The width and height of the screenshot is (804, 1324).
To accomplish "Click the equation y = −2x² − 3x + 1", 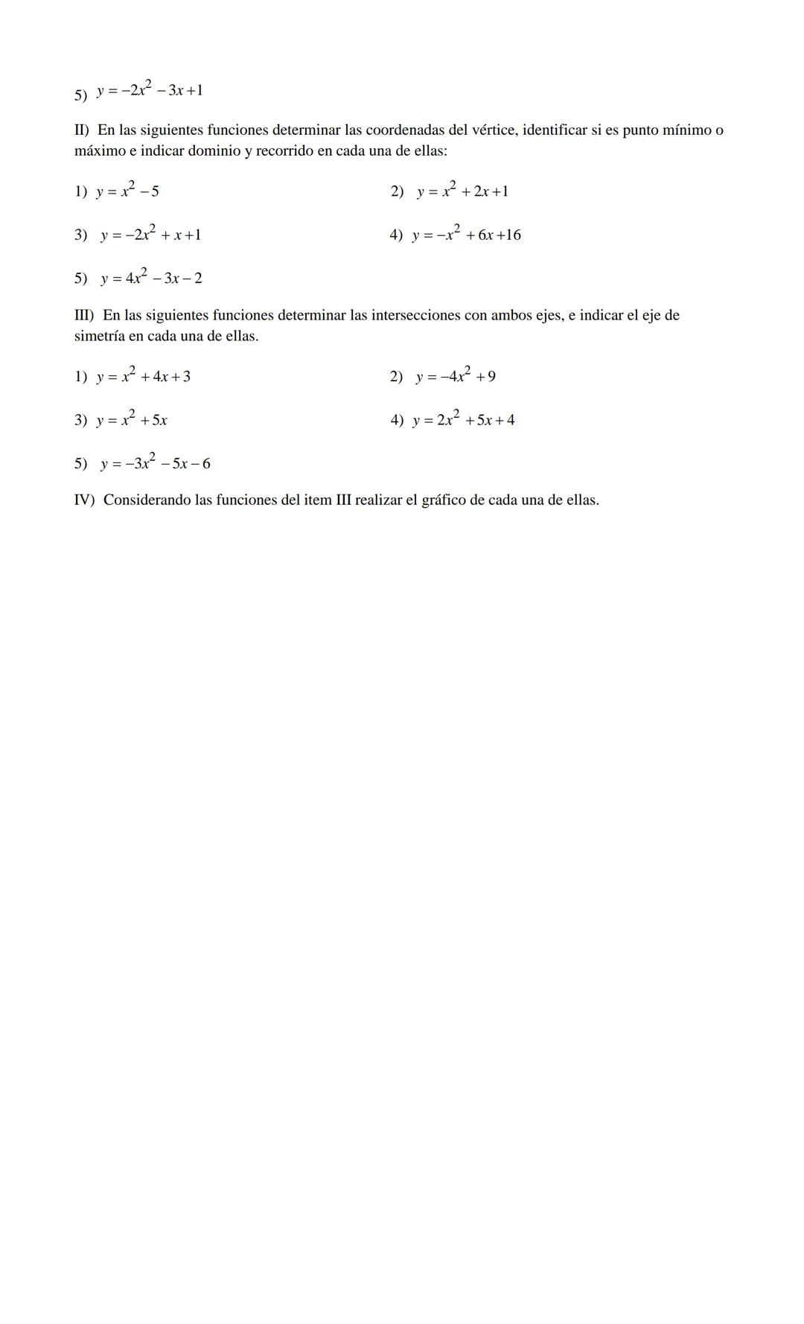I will point(150,91).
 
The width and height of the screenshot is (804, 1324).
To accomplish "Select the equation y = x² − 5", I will point(127,191).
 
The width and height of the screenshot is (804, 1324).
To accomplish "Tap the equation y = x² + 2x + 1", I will point(462,191).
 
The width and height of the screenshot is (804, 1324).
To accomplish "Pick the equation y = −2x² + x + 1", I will point(150,235).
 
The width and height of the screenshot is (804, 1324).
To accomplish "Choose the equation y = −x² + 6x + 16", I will point(467,235).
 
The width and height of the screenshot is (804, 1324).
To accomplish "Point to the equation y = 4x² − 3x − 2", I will point(151,279).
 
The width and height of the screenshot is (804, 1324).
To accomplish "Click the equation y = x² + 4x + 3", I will point(143,377).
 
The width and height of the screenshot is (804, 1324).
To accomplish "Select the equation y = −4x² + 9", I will point(456,377).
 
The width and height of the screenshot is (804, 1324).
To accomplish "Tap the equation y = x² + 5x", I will point(132,420).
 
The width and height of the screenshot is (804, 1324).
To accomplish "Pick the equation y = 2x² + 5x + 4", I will point(464,420).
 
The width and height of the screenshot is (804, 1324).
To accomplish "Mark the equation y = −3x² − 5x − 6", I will point(156,464).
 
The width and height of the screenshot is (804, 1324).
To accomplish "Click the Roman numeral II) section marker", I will point(82,130).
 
